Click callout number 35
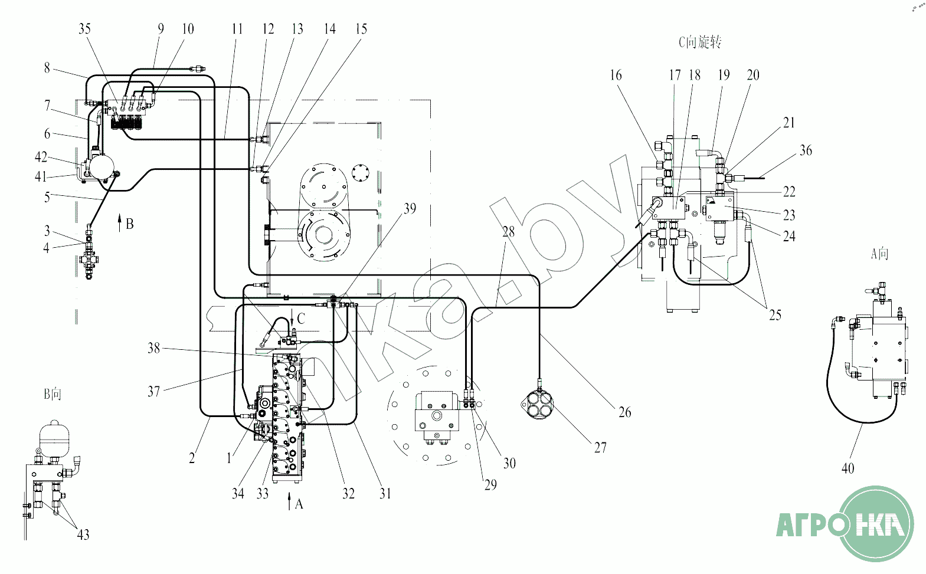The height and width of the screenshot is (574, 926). (84, 28)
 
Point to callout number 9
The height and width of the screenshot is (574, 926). (161, 28)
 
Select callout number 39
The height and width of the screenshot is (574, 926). (410, 208)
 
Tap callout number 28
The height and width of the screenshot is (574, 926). (509, 231)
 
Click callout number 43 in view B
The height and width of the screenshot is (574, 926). (83, 534)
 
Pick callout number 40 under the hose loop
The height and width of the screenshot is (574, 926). (848, 468)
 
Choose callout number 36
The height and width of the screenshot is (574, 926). (806, 150)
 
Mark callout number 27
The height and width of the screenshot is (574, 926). (601, 447)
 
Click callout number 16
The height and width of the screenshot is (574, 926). (616, 75)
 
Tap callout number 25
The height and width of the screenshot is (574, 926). (775, 315)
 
